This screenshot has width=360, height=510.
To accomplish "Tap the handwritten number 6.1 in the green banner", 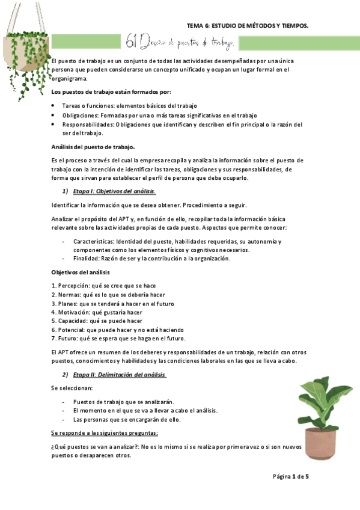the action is point(133,41).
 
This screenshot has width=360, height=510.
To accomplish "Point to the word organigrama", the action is point(70,79).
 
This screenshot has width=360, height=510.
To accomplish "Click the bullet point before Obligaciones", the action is point(55,115).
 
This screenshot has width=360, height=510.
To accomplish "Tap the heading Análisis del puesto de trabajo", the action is point(93,147).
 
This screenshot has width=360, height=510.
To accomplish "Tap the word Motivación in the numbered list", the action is point(76,312).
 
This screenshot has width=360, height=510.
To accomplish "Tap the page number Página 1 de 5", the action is point(290,476).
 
